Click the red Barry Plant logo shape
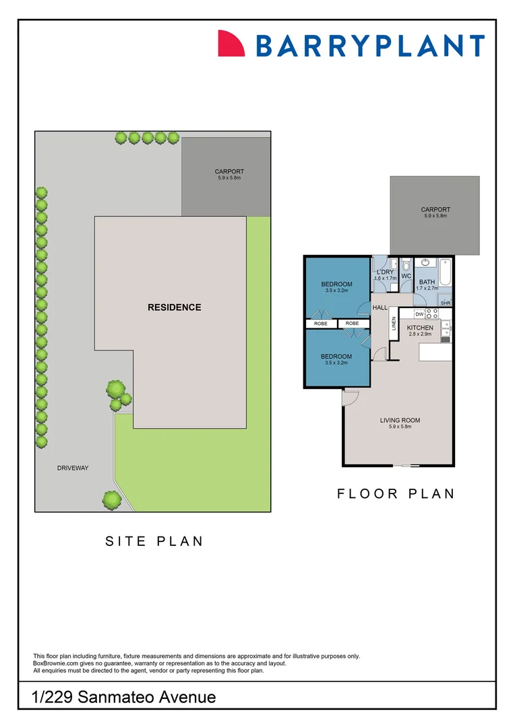pyautogui.click(x=232, y=44)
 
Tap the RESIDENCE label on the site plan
pyautogui.click(x=174, y=307)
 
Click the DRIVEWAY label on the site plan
pyautogui.click(x=73, y=468)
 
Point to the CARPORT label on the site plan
pyautogui.click(x=229, y=172)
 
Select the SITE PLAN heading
pyautogui.click(x=154, y=541)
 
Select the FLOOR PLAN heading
pyautogui.click(x=396, y=494)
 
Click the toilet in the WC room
pyautogui.click(x=406, y=266)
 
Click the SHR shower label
pyautogui.click(x=445, y=303)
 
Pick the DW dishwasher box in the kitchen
pyautogui.click(x=419, y=314)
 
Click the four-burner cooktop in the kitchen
pyautogui.click(x=431, y=314)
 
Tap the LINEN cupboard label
pyautogui.click(x=394, y=324)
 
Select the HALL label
pyautogui.click(x=380, y=307)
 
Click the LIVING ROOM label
pyautogui.click(x=400, y=421)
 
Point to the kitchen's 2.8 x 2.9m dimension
pyautogui.click(x=419, y=334)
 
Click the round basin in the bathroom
pyautogui.click(x=425, y=264)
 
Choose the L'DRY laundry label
pyautogui.click(x=385, y=272)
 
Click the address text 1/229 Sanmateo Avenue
pyautogui.click(x=123, y=696)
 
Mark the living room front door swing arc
pyautogui.click(x=350, y=399)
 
